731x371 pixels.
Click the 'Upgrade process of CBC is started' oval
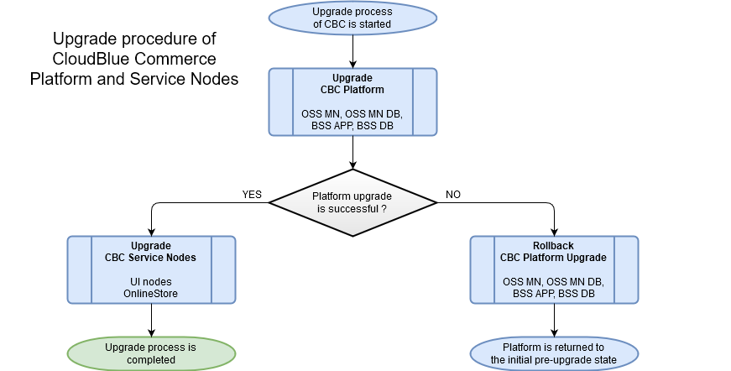tap(352, 18)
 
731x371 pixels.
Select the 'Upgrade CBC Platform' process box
tap(352, 102)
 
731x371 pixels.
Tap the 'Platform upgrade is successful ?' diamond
tap(352, 201)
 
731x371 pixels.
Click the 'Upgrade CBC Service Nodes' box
tap(151, 269)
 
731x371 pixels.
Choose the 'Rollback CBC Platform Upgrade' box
tap(554, 269)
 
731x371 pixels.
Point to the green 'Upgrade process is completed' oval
tap(151, 353)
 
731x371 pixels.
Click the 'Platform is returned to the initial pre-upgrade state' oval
tap(554, 353)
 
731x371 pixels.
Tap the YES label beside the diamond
tap(252, 195)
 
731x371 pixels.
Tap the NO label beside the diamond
tap(453, 195)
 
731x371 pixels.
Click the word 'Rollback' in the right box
tap(554, 246)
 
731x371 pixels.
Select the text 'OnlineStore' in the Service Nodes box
tap(151, 293)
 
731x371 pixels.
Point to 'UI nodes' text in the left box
tap(151, 281)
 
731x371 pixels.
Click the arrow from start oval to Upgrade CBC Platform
tap(352, 52)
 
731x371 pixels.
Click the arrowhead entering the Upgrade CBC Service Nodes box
tap(151, 232)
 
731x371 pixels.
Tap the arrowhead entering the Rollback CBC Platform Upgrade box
tap(554, 232)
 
